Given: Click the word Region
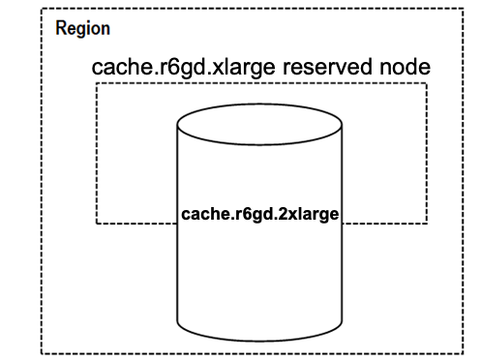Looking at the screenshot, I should [x=83, y=29].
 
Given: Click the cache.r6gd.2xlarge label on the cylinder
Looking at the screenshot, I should [x=260, y=213].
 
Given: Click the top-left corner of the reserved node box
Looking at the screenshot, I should [x=96, y=84].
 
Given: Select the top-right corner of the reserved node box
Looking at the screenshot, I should [x=427, y=84].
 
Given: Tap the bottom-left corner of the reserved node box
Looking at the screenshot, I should [x=96, y=224].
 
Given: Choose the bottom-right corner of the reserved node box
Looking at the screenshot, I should [x=427, y=224].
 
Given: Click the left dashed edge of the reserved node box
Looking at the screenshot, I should [x=96, y=155].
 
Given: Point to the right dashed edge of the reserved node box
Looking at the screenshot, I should [x=427, y=155].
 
